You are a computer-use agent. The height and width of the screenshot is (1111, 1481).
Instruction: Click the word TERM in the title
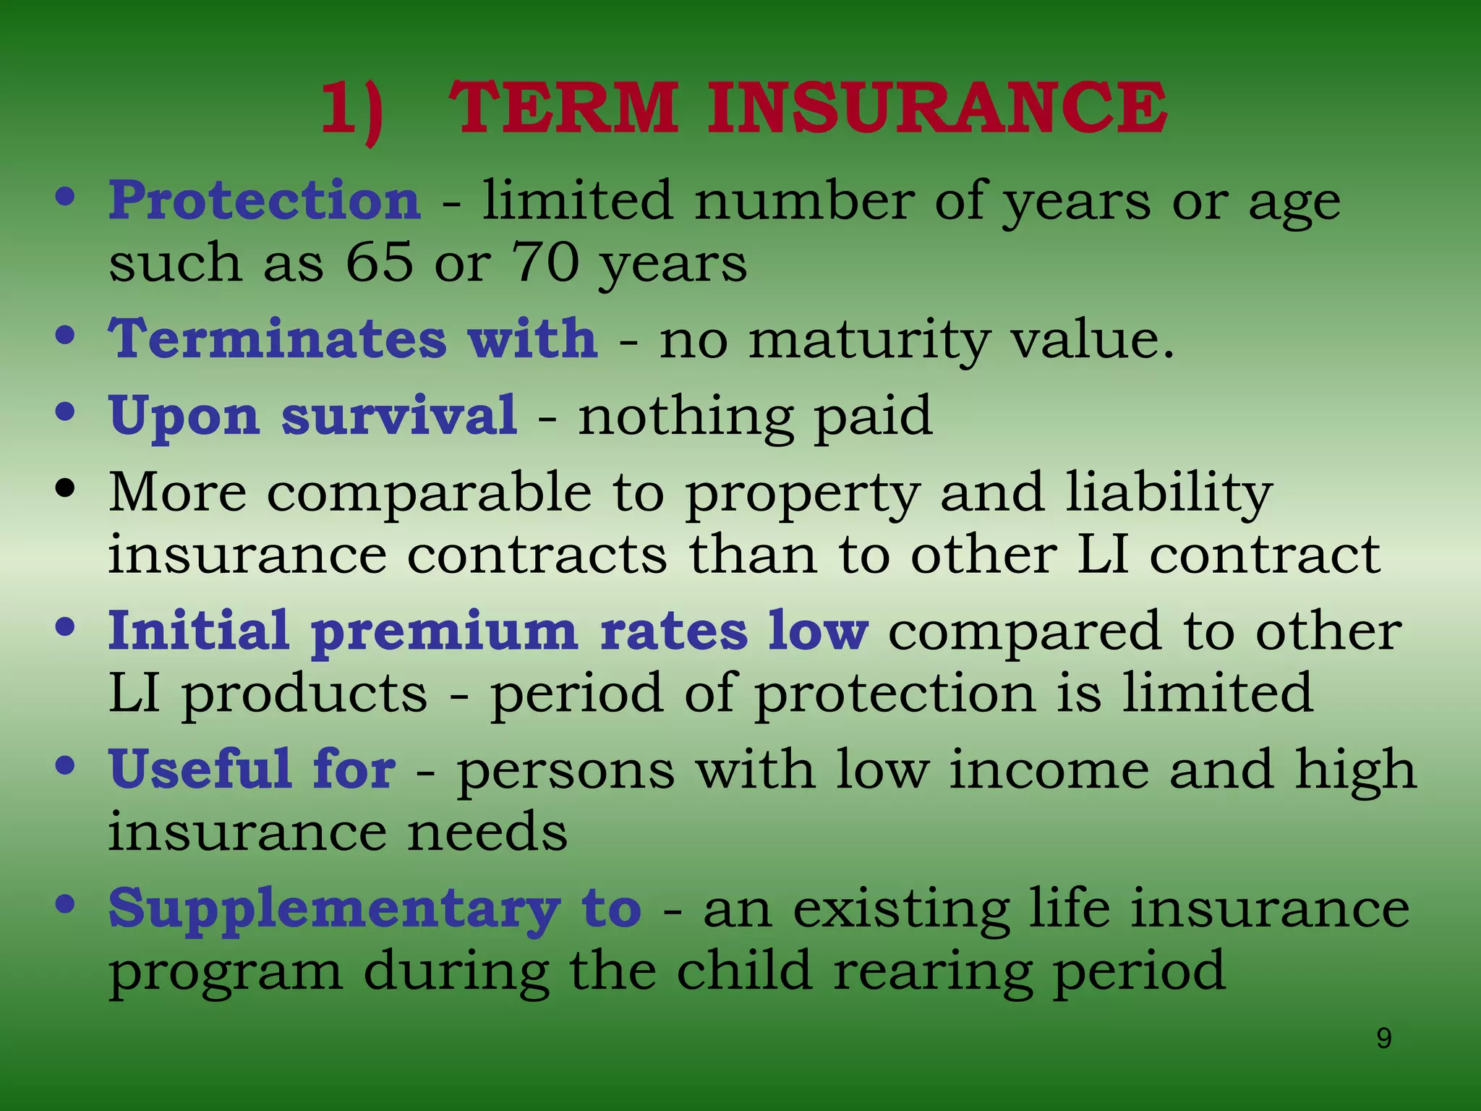tap(563, 108)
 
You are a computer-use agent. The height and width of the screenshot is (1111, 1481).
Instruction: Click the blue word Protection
tap(265, 200)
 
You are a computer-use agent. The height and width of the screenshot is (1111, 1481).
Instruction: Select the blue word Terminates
tap(278, 339)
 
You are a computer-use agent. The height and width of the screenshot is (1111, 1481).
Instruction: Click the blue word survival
tap(399, 416)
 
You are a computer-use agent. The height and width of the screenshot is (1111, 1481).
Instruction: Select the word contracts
tap(537, 555)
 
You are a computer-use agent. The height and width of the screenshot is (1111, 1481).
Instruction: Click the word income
tap(1049, 770)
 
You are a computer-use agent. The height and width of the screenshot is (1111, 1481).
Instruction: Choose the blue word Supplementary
tap(334, 910)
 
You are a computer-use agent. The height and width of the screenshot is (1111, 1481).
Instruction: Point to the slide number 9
tap(1383, 1039)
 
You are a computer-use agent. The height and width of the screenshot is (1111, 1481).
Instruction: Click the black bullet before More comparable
tap(65, 489)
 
